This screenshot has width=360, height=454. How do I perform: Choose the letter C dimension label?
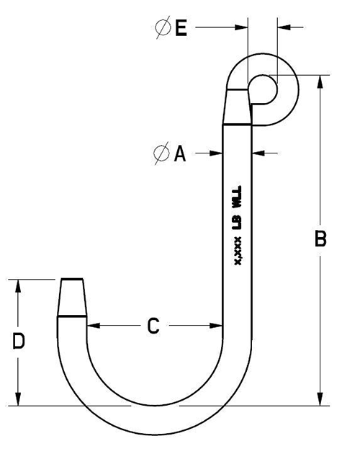tap(153, 326)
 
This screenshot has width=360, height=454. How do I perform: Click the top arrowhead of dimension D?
tap(19, 284)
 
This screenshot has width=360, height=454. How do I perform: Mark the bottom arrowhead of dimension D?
tap(19, 400)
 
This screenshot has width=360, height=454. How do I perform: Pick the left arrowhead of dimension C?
tap(92, 326)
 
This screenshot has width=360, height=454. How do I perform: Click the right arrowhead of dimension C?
tap(218, 326)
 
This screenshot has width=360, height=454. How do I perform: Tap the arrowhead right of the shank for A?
tap(258, 153)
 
